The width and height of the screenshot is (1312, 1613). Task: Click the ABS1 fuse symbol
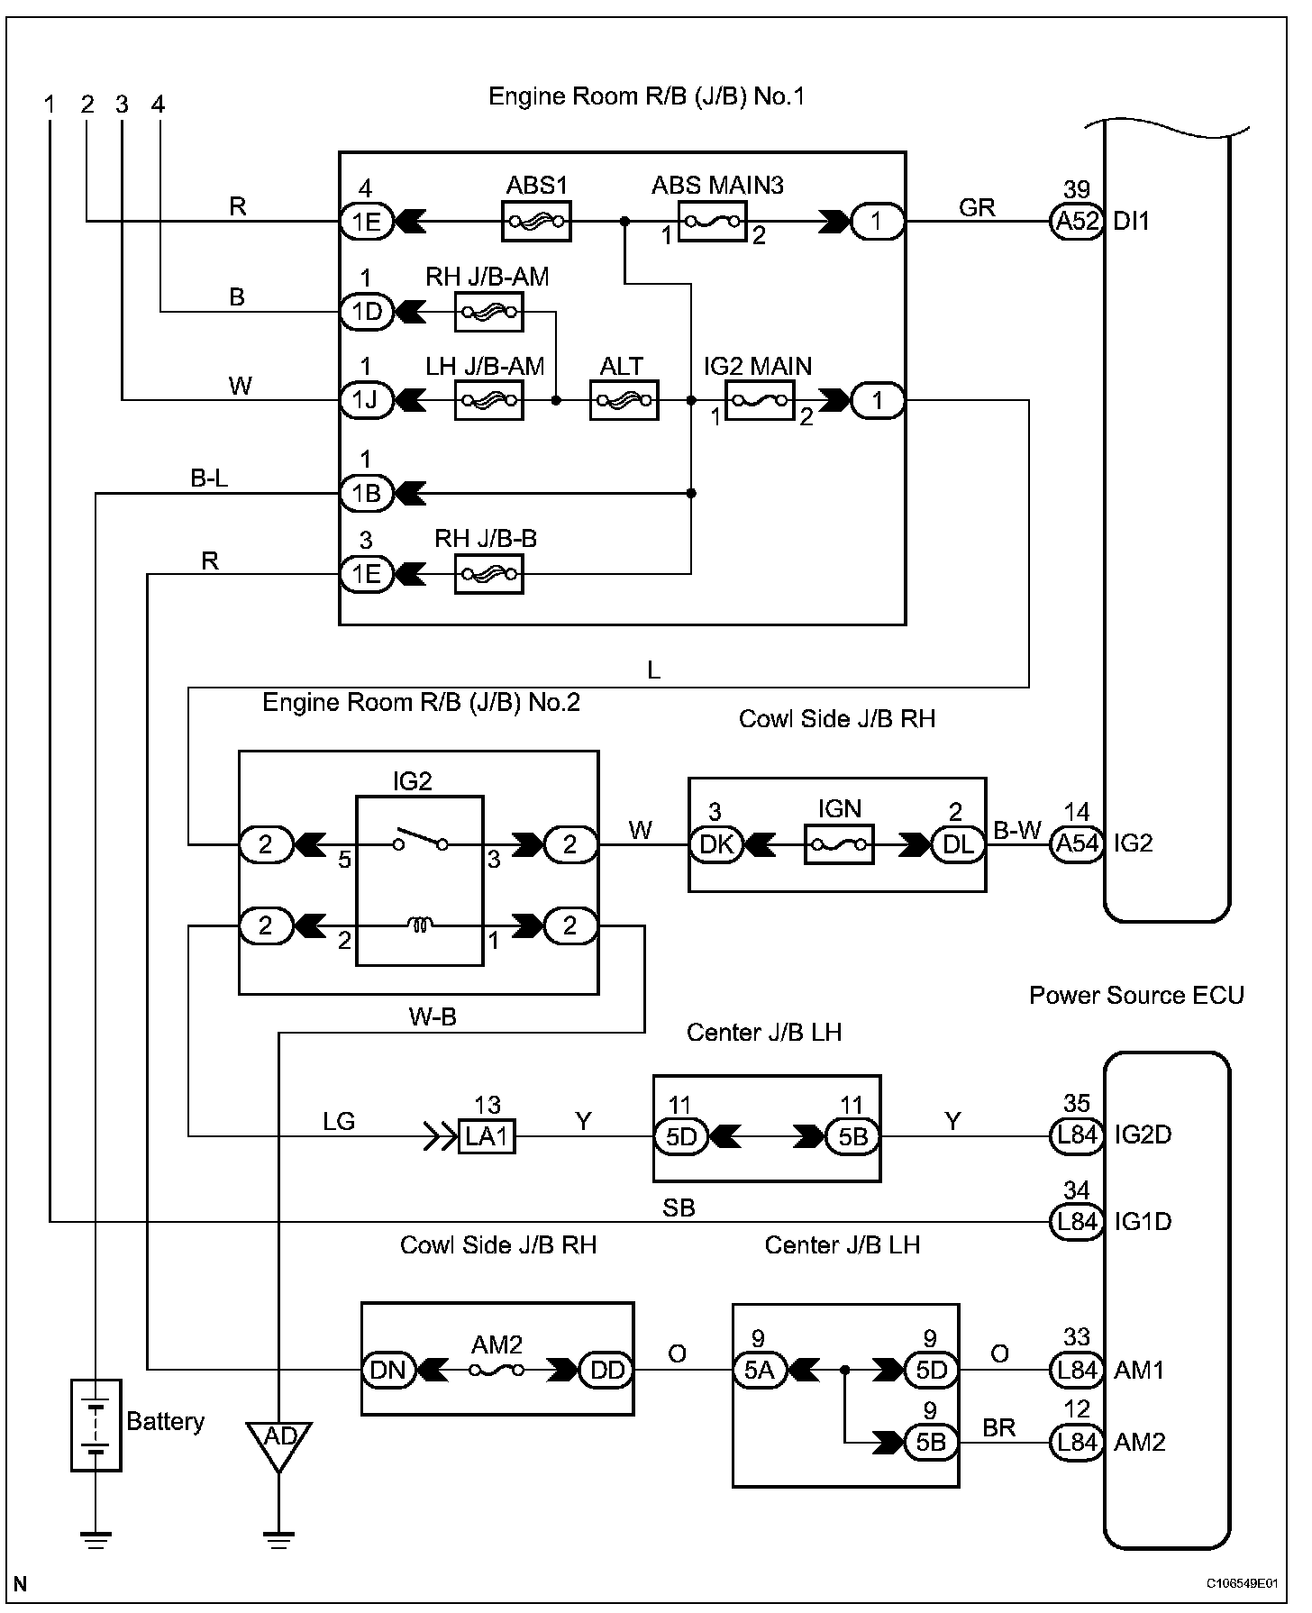[536, 221]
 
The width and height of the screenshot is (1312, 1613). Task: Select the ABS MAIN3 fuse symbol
[712, 221]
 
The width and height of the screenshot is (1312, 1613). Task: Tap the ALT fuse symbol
[624, 400]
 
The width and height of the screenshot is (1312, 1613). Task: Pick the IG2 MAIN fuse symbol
[760, 400]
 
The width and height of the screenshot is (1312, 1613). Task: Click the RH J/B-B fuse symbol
[489, 573]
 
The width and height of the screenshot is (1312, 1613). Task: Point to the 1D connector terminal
[367, 312]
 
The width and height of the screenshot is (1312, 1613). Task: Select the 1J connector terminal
[367, 400]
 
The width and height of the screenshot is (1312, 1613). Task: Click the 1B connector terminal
[367, 493]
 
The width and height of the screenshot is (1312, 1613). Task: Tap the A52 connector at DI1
[1077, 221]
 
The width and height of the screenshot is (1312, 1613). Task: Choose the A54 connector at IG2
[1077, 843]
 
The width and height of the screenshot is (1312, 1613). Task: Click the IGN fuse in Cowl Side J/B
[839, 844]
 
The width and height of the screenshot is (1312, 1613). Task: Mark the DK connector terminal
[715, 844]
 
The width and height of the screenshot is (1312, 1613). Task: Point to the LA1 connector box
[487, 1136]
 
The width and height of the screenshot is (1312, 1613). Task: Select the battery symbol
[96, 1425]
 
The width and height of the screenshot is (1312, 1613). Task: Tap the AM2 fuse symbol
[497, 1370]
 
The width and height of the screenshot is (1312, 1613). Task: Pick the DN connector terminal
[388, 1370]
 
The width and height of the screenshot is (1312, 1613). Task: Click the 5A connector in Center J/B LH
[760, 1371]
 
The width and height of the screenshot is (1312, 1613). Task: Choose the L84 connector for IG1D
[1077, 1222]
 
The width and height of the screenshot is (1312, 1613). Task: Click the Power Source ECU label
[1136, 995]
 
